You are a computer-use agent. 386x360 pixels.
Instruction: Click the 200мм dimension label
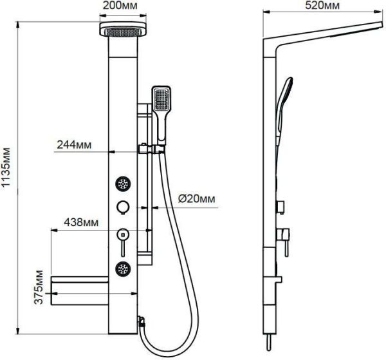pos(120,5)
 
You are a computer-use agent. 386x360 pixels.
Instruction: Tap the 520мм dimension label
pos(322,5)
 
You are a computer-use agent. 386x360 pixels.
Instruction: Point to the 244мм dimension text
pos(74,145)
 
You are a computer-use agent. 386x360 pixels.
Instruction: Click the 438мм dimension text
pos(81,222)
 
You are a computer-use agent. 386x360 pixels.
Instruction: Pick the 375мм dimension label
pos(39,287)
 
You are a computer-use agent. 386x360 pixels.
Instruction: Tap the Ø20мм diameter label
pos(196,198)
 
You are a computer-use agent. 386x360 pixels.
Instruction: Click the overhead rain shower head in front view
pos(123,29)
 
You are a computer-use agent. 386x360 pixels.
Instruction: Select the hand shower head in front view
pos(161,115)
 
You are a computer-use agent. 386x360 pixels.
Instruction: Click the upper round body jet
pos(123,184)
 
